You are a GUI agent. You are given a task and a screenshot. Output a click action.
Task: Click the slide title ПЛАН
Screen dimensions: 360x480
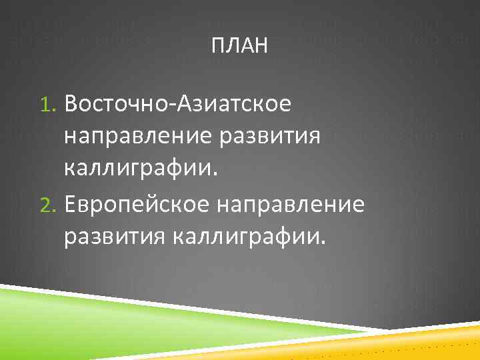[x=239, y=47]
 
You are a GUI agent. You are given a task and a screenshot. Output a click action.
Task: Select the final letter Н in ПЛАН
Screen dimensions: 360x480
[x=261, y=47]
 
